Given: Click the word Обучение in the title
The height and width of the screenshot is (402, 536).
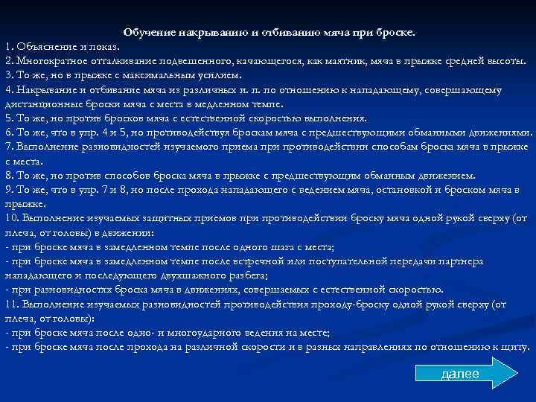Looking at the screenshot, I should (148, 33).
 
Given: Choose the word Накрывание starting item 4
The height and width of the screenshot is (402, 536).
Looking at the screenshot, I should (45, 89).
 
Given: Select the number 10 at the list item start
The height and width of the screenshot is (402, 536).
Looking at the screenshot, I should (12, 218).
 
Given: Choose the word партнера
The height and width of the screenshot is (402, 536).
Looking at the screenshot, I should (461, 261).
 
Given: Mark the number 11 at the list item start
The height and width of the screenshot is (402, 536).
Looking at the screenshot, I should (12, 304).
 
